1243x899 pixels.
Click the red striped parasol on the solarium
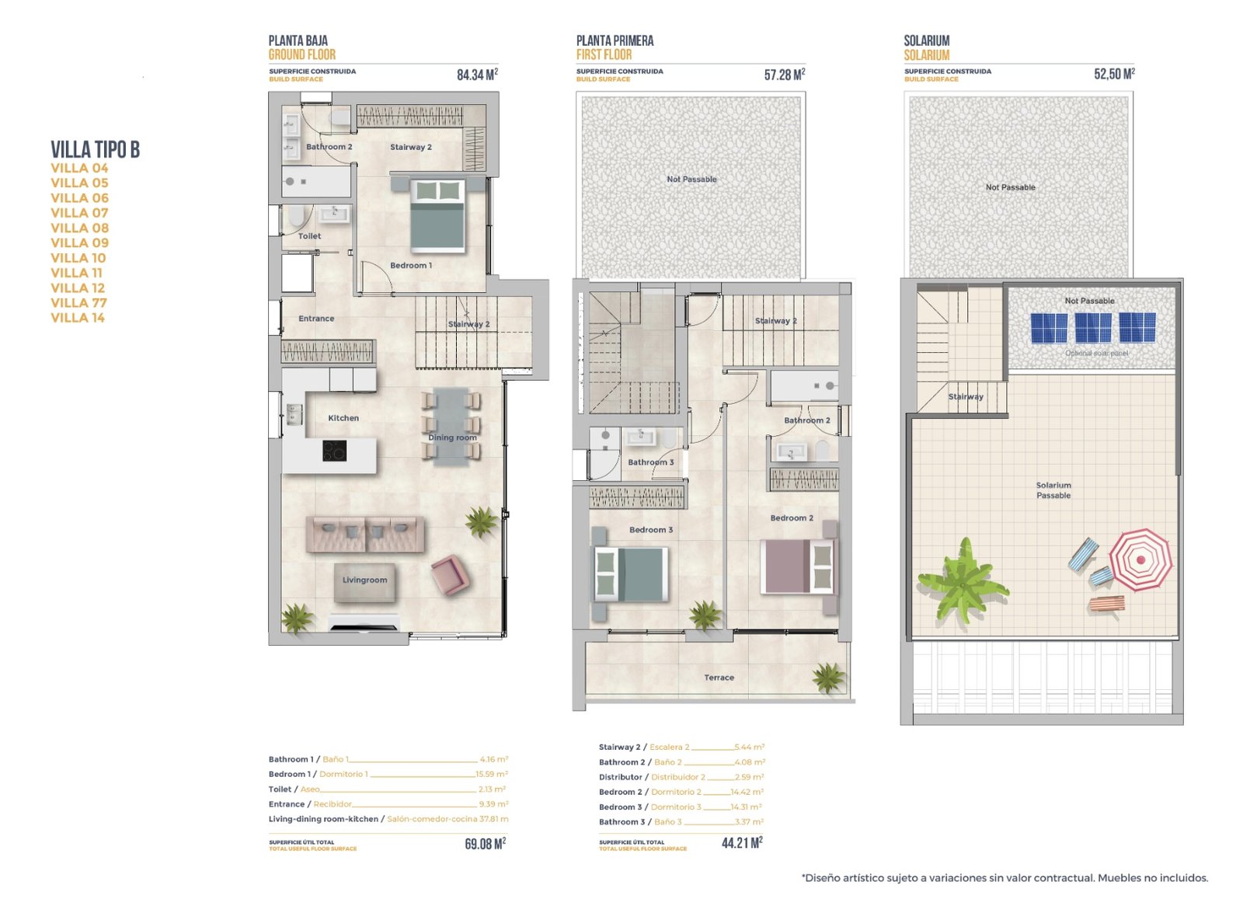[x=1140, y=559]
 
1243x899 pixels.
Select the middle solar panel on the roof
[x=1092, y=327]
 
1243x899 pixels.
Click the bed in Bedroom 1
[x=437, y=215]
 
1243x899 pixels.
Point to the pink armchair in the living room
[x=450, y=575]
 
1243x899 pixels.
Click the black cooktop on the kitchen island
[x=335, y=451]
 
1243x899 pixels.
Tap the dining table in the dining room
[x=451, y=426]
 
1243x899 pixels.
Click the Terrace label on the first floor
[x=719, y=678]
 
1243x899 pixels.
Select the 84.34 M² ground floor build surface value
[x=477, y=75]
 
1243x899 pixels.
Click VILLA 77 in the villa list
[x=78, y=303]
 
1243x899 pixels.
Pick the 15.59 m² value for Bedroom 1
[x=491, y=774]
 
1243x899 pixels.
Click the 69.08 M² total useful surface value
[x=485, y=844]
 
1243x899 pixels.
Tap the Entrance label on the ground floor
[x=316, y=319]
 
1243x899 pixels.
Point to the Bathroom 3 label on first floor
[x=650, y=462]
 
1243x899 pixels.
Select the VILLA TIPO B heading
[x=95, y=149]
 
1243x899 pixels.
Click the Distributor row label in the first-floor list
[x=620, y=777]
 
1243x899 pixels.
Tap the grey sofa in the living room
[x=364, y=534]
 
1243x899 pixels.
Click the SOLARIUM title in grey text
[x=926, y=40]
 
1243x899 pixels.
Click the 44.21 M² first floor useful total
[x=742, y=843]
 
